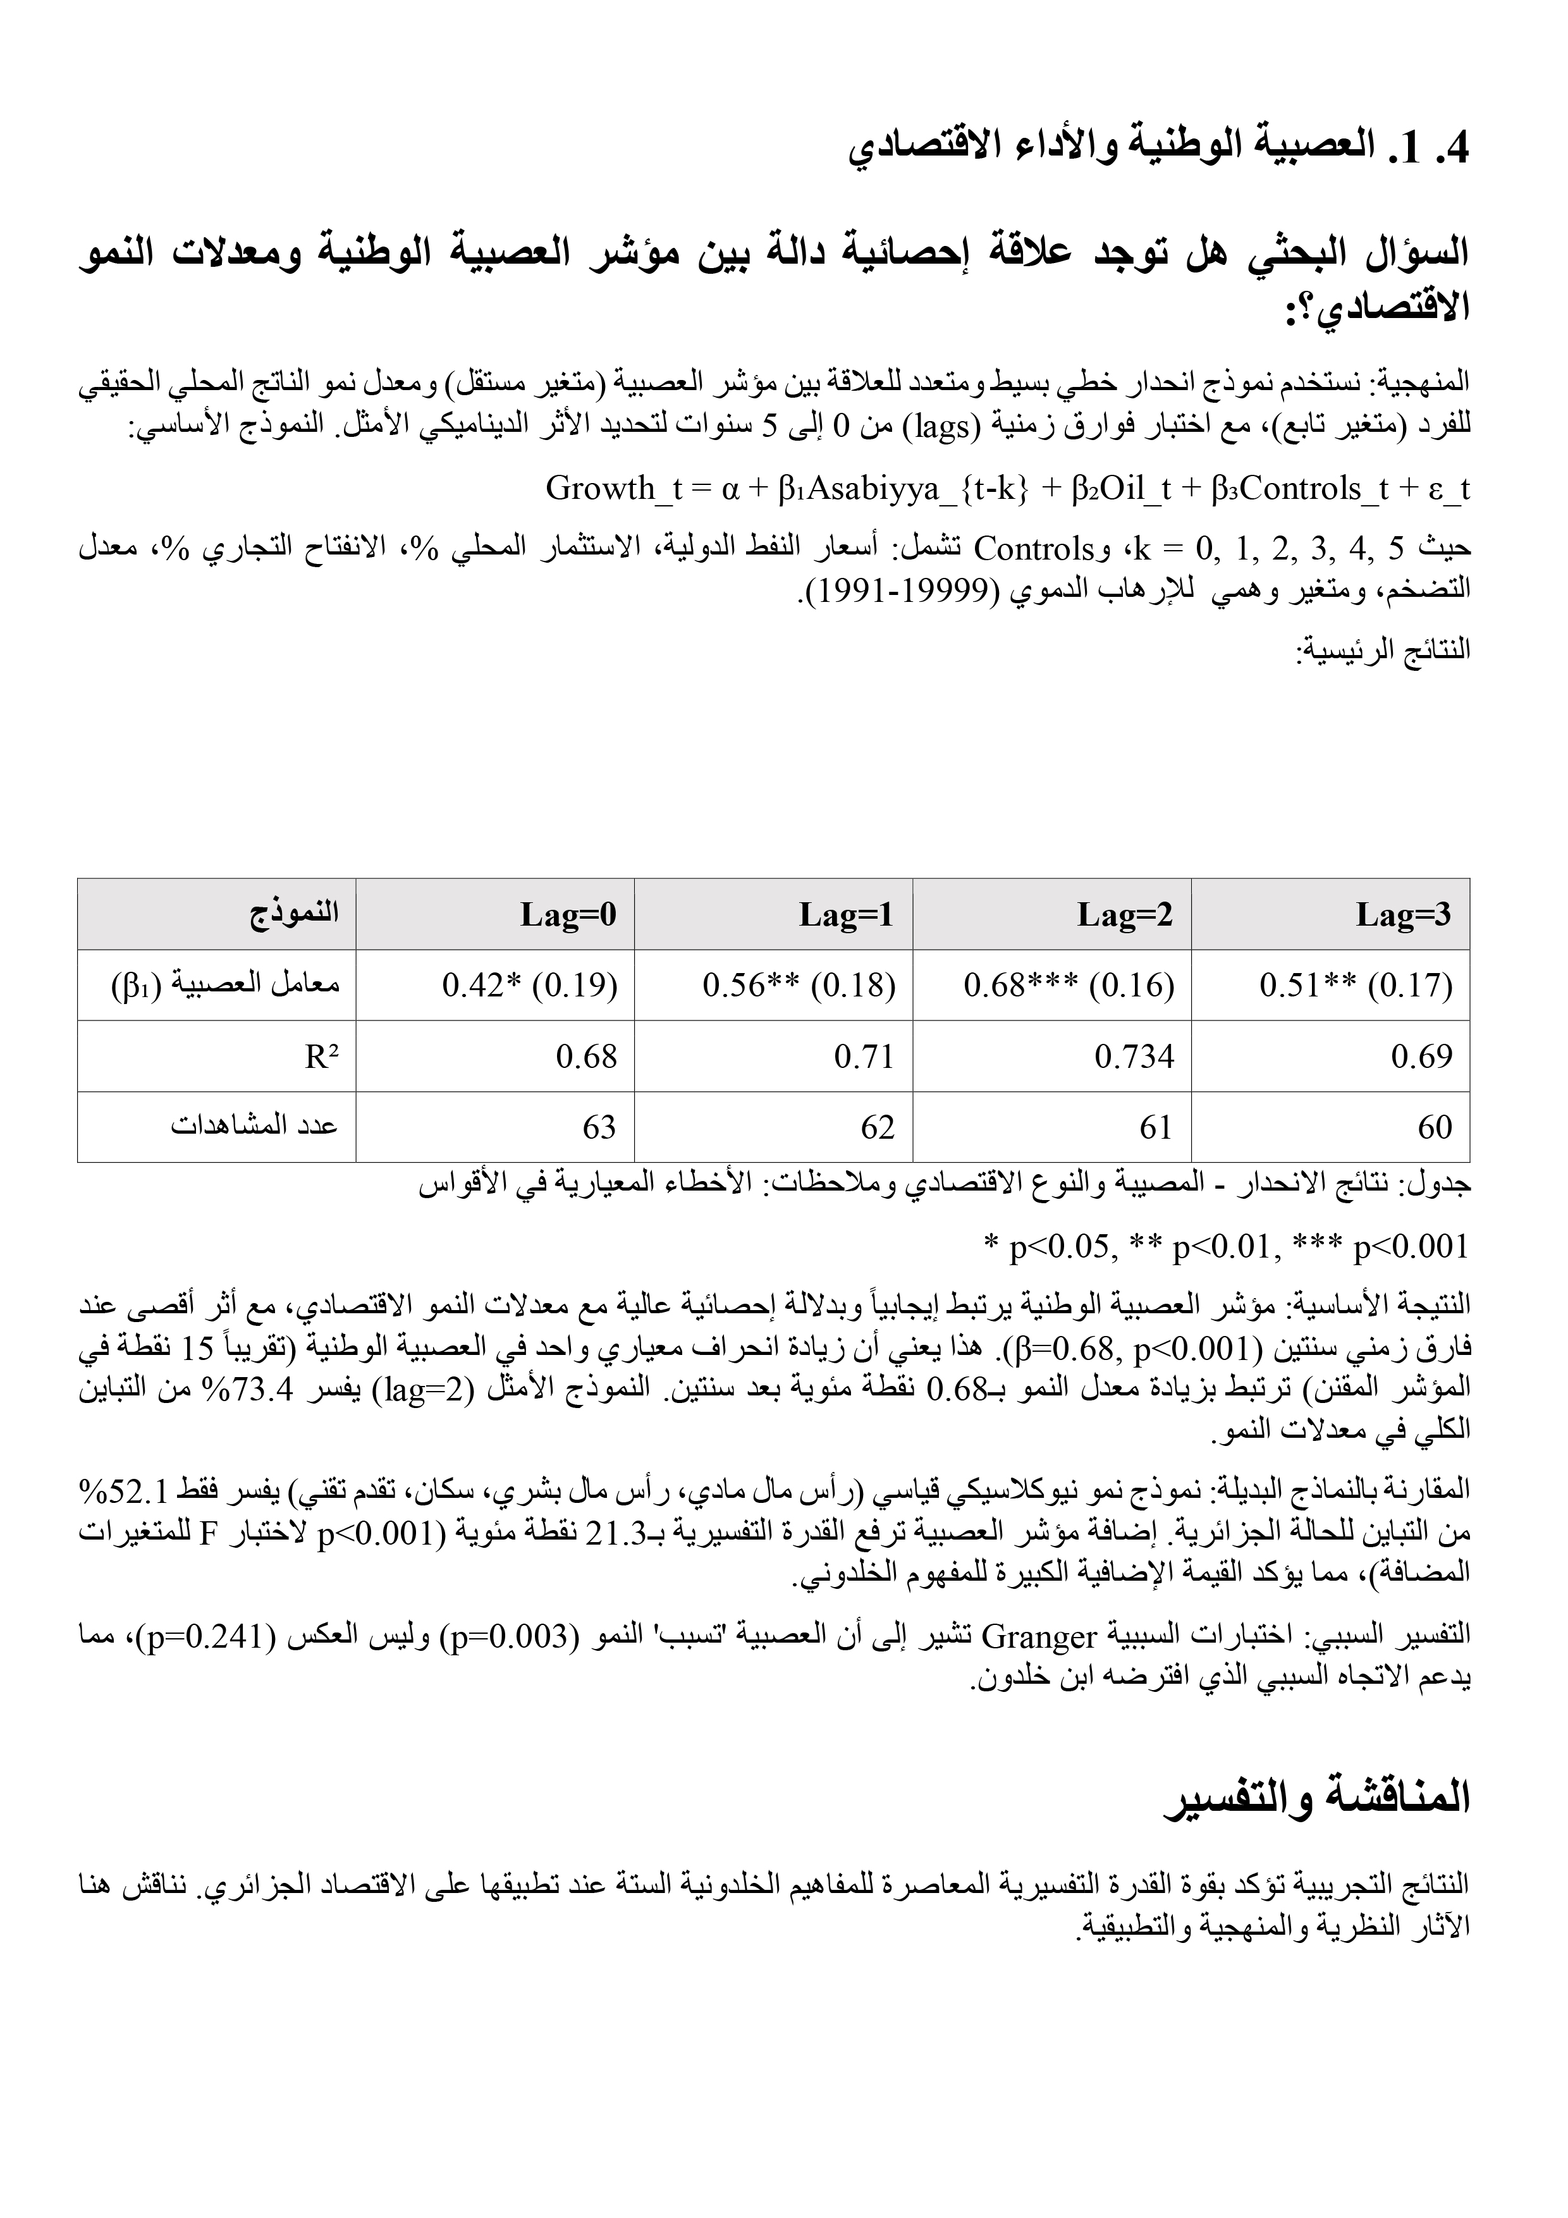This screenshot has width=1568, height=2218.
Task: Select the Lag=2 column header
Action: point(1125,914)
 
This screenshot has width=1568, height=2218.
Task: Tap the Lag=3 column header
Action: point(1403,914)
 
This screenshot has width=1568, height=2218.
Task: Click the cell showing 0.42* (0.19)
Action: point(529,985)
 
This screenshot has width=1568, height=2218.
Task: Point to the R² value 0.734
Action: point(1134,1056)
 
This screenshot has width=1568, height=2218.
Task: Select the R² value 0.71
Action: point(865,1056)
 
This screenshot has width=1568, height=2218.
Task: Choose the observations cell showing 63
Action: point(599,1127)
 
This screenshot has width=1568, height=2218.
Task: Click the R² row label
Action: point(322,1057)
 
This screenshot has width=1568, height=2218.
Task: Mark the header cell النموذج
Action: point(295,913)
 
